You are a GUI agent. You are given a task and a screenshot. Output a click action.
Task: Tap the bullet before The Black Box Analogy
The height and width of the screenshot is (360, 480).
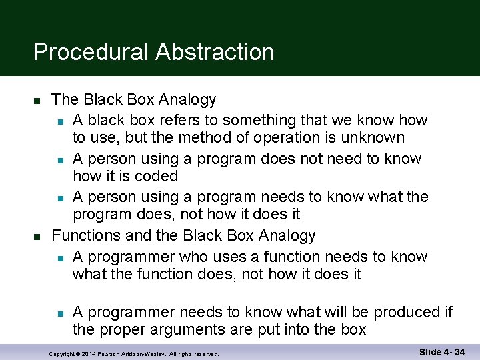pyautogui.click(x=37, y=101)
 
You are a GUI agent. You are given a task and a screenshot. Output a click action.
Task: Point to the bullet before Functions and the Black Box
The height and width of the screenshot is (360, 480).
pyautogui.click(x=37, y=237)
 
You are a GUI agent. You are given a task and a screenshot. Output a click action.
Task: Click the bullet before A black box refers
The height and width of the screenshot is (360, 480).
pyautogui.click(x=60, y=121)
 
